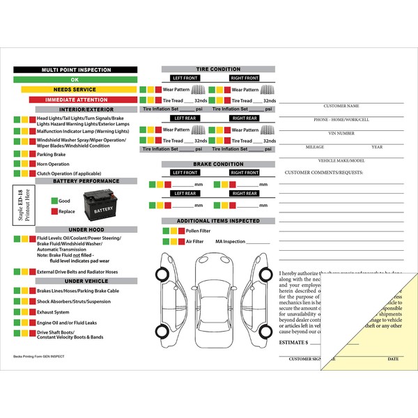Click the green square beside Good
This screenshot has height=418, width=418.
(54, 201)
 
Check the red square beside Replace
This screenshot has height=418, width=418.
(54, 211)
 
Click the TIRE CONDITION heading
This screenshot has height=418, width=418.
(218, 69)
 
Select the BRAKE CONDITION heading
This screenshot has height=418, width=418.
(218, 164)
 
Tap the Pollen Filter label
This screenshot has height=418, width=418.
(199, 231)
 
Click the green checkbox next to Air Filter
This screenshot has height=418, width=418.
(165, 241)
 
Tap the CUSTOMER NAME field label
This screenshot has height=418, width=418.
(341, 107)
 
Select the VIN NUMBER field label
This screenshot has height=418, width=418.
(341, 132)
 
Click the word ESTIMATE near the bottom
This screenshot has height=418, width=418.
(291, 343)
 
